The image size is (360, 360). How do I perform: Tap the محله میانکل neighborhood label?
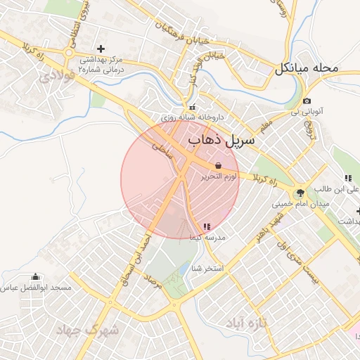(307, 69)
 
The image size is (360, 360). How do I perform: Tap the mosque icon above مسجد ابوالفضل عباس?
(36, 277)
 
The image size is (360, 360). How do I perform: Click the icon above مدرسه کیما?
(206, 226)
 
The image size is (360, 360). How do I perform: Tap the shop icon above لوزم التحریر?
(217, 164)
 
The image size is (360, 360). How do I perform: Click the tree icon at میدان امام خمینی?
(300, 192)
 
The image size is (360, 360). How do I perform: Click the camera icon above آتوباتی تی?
(307, 101)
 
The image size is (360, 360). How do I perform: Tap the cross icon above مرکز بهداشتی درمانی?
(101, 49)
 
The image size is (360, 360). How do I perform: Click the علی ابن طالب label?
(337, 189)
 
